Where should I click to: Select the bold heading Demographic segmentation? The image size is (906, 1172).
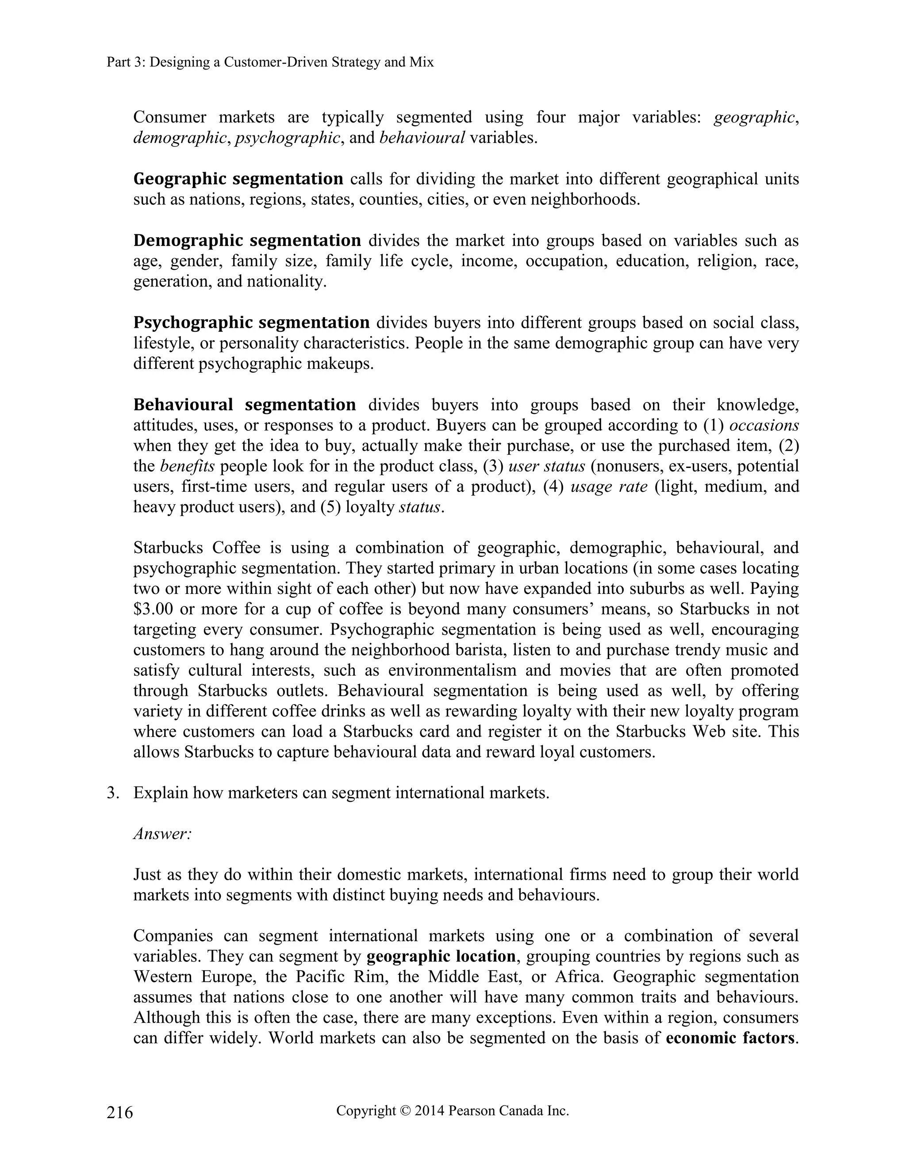(247, 241)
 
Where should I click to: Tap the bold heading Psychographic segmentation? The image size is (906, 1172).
(251, 322)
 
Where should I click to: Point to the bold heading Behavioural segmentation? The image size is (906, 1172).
(244, 405)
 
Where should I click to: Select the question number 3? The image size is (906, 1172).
(112, 793)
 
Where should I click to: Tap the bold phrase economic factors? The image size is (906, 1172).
(729, 1038)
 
